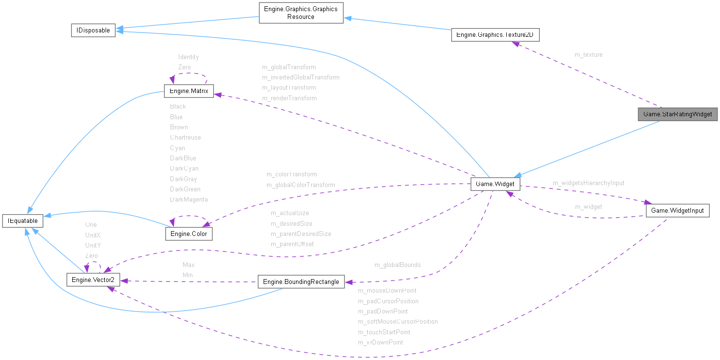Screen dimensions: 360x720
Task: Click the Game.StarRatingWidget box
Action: click(677, 114)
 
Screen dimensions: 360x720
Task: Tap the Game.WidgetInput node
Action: click(677, 210)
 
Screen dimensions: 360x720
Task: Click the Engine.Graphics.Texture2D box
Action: click(495, 35)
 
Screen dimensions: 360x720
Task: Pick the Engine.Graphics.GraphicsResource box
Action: click(301, 13)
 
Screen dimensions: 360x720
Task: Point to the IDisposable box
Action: click(93, 30)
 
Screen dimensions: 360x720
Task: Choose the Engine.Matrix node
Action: click(188, 91)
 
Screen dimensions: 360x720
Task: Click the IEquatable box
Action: click(23, 221)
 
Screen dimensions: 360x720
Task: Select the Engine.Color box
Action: click(188, 234)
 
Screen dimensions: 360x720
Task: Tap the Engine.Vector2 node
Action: click(93, 280)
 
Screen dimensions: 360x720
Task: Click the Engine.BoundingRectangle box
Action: click(301, 282)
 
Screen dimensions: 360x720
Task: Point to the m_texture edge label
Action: click(588, 55)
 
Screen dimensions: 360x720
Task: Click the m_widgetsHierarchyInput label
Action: click(588, 183)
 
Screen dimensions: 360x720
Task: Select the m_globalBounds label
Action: click(397, 265)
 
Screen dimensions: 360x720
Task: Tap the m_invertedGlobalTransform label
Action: click(300, 78)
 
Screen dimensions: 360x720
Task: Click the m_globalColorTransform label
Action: click(300, 185)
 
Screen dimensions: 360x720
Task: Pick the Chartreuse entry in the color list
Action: click(185, 138)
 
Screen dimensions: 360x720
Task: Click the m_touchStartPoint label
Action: click(384, 332)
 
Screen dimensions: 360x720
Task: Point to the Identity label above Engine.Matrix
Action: click(188, 57)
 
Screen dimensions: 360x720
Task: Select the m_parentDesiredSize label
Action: click(300, 234)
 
